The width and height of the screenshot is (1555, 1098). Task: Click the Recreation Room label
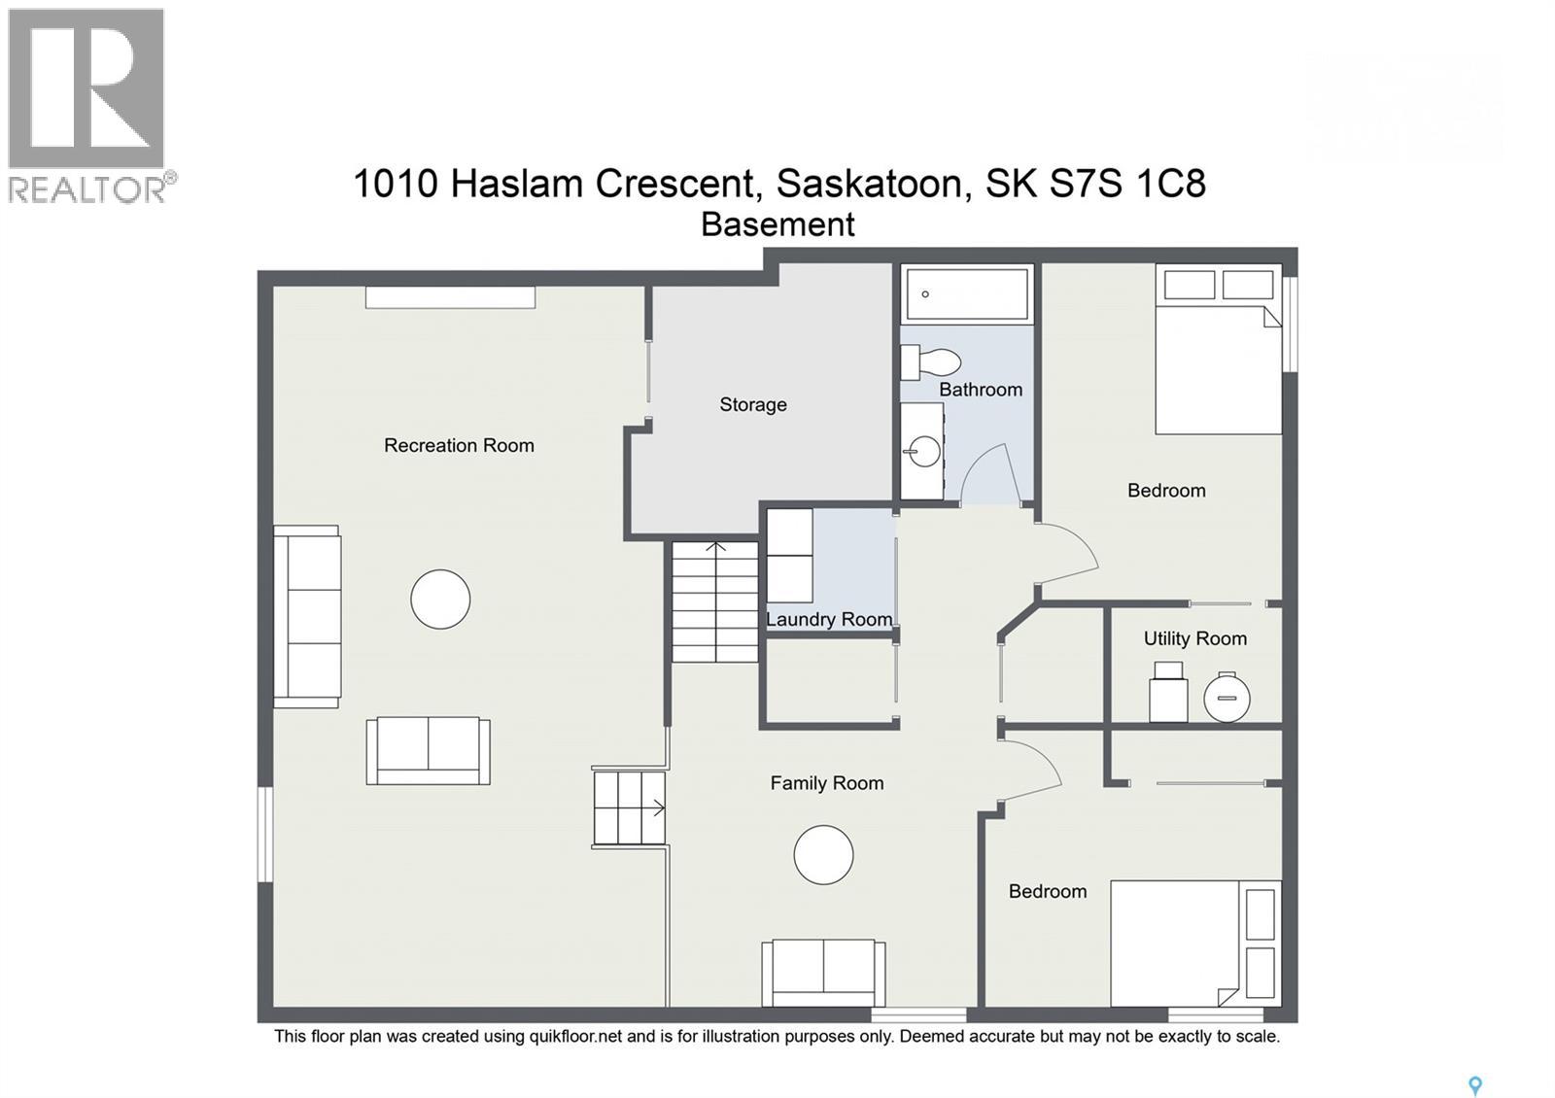pos(459,445)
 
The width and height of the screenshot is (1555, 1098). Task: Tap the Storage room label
pos(753,404)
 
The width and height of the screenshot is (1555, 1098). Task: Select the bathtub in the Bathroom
pos(966,293)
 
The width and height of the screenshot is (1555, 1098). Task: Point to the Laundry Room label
pos(829,619)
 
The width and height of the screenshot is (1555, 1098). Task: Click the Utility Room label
pos(1194,638)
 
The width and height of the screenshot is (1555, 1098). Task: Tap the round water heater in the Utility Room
pos(1227,697)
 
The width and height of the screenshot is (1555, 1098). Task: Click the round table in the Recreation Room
pos(440,599)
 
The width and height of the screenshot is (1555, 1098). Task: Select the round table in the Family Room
pos(823,855)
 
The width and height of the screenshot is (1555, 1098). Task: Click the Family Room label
pos(827,783)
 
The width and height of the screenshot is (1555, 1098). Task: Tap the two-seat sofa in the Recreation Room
pos(428,750)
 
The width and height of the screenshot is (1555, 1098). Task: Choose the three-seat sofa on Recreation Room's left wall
pos(307,616)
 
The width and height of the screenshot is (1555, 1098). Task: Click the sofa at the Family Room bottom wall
pos(823,972)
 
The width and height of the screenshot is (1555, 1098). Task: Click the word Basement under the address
pos(777,224)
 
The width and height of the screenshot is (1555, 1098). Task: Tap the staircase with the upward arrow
pos(715,602)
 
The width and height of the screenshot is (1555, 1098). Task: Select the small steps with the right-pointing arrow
pos(629,807)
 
